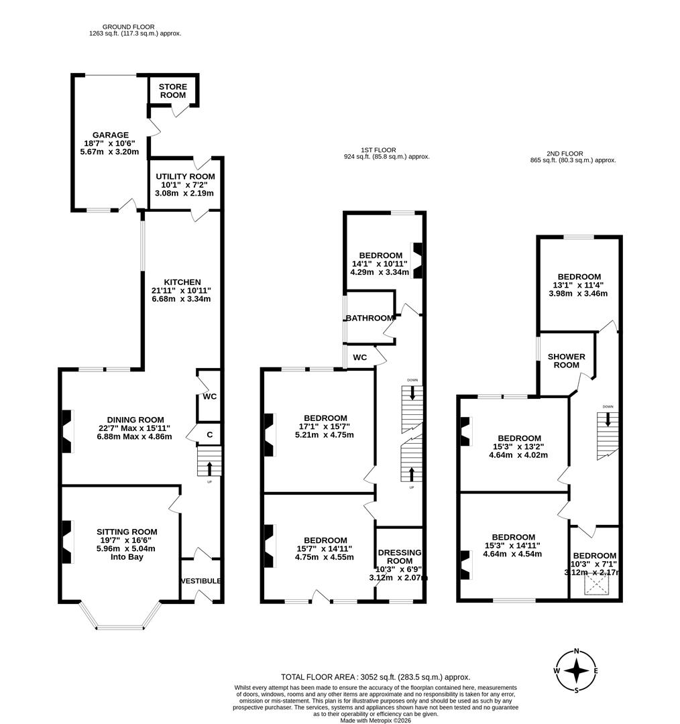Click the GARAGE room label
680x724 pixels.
click(110, 135)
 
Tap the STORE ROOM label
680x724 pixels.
click(173, 91)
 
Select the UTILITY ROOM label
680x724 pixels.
click(184, 176)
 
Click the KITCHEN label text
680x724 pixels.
click(182, 282)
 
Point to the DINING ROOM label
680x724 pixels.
click(134, 420)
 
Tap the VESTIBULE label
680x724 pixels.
click(201, 581)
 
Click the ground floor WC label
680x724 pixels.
click(210, 396)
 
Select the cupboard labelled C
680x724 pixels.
click(210, 435)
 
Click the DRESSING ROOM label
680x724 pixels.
click(400, 556)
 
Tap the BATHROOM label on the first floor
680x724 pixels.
click(370, 318)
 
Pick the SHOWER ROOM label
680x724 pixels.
click(567, 361)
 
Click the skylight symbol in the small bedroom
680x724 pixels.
click(594, 586)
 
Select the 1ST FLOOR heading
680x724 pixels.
click(379, 149)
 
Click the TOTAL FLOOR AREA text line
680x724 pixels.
click(375, 677)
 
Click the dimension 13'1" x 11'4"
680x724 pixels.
click(579, 285)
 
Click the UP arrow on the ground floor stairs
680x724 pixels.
click(209, 467)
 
